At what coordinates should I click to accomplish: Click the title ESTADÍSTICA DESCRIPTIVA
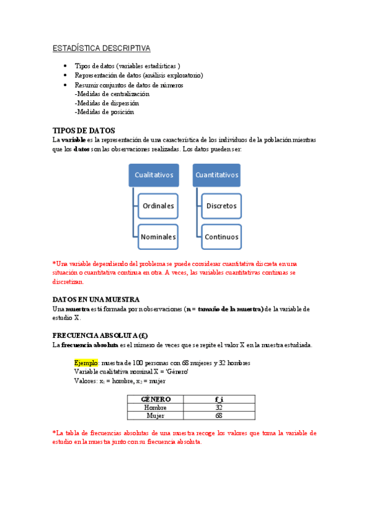pyautogui.click(x=100, y=48)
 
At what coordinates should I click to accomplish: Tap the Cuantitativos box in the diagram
pyautogui.click(x=216, y=175)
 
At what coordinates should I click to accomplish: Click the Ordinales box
pyautogui.click(x=158, y=206)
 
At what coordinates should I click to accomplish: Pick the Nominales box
pyautogui.click(x=158, y=236)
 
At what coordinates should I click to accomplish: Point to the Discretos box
pyautogui.click(x=221, y=206)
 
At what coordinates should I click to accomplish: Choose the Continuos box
pyautogui.click(x=221, y=236)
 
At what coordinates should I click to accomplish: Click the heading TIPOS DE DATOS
pyautogui.click(x=84, y=130)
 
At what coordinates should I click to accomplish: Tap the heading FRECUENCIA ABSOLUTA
pyautogui.click(x=100, y=335)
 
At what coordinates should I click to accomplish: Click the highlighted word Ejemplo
pyautogui.click(x=86, y=363)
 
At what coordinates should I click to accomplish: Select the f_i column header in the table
pyautogui.click(x=219, y=399)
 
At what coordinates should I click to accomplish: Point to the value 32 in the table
pyautogui.click(x=219, y=407)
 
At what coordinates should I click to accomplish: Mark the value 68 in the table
pyautogui.click(x=219, y=415)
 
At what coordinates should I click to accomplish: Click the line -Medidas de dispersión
pyautogui.click(x=107, y=103)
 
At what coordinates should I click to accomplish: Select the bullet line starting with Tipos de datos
pyautogui.click(x=127, y=66)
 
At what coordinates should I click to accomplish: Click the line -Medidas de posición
pyautogui.click(x=104, y=112)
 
